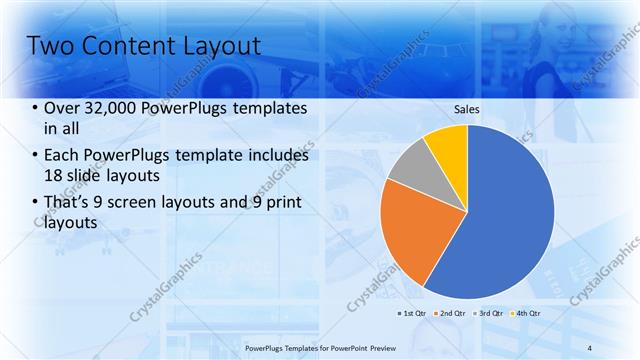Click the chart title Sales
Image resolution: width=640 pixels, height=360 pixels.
pos(468,109)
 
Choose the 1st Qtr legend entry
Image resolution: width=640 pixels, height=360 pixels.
pos(412,313)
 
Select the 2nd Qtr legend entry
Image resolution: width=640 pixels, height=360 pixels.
pos(451,313)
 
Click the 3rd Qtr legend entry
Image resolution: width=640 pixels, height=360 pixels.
pos(491,313)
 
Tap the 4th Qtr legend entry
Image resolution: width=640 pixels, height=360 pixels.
pos(528,313)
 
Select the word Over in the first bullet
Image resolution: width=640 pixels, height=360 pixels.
pos(62,108)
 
